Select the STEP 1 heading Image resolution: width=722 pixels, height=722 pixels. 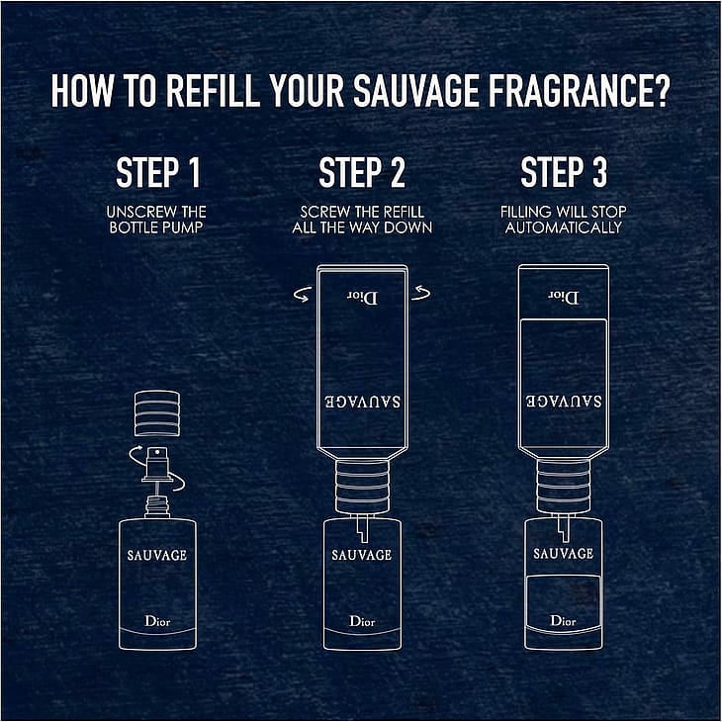click(158, 172)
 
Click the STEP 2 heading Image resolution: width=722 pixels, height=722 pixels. click(362, 172)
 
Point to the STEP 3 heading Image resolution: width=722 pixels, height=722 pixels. click(564, 172)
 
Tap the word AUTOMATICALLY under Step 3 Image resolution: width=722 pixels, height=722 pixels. click(564, 227)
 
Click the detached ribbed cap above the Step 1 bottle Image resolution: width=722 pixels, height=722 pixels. click(157, 413)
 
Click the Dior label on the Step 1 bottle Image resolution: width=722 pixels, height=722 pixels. click(157, 621)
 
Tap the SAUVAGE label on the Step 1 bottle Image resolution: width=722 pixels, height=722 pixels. click(157, 555)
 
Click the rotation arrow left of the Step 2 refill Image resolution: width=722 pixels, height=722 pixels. click(302, 295)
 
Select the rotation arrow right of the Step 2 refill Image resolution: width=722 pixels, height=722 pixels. click(421, 293)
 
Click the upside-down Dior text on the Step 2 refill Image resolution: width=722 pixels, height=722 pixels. click(362, 298)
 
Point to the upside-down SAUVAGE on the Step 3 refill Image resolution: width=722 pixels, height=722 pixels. click(564, 402)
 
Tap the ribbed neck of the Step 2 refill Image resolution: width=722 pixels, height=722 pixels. click(362, 487)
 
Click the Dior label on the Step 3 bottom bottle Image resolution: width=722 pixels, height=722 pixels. click(563, 621)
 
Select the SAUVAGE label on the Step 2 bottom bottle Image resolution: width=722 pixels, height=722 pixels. click(362, 555)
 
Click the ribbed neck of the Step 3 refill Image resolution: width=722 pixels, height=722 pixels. click(564, 487)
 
